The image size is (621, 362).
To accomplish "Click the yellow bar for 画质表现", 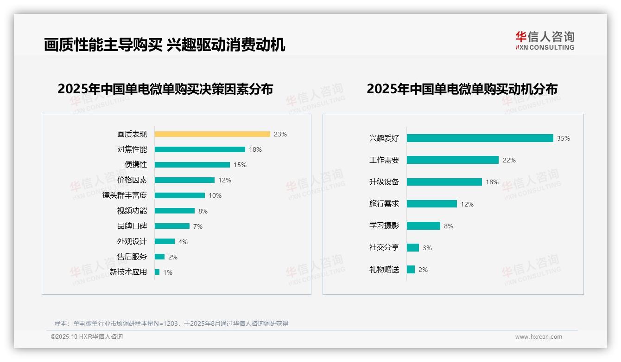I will pyautogui.click(x=212, y=134).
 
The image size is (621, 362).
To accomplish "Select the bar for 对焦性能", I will pyautogui.click(x=200, y=149).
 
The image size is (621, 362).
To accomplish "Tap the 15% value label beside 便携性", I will pyautogui.click(x=240, y=165).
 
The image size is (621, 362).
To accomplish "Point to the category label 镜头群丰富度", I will pyautogui.click(x=125, y=195).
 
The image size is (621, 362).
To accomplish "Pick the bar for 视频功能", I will pyautogui.click(x=175, y=211).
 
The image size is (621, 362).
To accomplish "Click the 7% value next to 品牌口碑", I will pyautogui.click(x=198, y=226).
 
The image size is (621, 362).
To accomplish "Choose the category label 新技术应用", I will pyautogui.click(x=128, y=272).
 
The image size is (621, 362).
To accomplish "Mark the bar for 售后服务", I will pyautogui.click(x=159, y=257).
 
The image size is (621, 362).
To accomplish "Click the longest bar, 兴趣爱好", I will pyautogui.click(x=480, y=138).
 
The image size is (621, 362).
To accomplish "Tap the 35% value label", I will pyautogui.click(x=564, y=138).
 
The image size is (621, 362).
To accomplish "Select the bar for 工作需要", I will pyautogui.click(x=452, y=160).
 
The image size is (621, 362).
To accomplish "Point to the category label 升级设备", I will pyautogui.click(x=384, y=182).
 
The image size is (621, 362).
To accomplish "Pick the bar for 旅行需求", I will pyautogui.click(x=431, y=204).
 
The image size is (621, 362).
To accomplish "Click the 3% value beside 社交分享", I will pyautogui.click(x=427, y=248).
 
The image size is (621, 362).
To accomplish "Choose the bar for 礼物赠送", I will pyautogui.click(x=411, y=270).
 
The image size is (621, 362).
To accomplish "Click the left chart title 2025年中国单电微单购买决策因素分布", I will pyautogui.click(x=165, y=89).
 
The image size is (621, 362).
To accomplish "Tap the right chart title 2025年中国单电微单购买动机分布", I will pyautogui.click(x=462, y=89).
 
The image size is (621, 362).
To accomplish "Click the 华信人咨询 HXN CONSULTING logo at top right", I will pyautogui.click(x=545, y=41).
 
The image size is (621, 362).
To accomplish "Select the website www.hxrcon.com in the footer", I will pyautogui.click(x=539, y=337).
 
